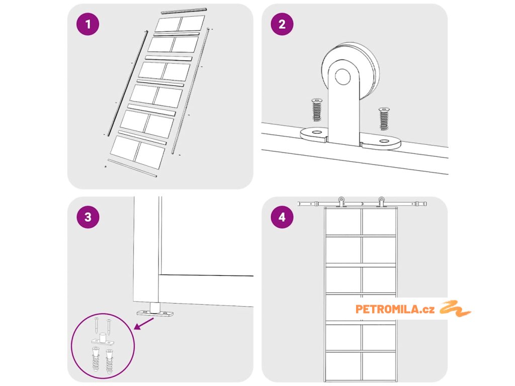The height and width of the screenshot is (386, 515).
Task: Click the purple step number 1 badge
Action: click(88, 25)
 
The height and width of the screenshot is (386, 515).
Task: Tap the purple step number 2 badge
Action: click(282, 25)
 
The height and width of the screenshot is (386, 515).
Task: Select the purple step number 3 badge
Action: click(88, 217)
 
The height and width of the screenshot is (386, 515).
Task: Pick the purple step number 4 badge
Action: click(282, 217)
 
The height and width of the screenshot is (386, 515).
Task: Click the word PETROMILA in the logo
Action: click(384, 309)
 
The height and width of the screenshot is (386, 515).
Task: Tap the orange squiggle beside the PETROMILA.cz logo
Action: click(455, 308)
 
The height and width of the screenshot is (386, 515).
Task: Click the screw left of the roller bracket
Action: click(317, 110)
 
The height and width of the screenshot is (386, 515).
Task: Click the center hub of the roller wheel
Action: click(344, 77)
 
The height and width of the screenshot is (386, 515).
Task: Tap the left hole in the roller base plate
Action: click(316, 133)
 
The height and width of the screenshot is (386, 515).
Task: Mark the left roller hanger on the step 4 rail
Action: click(341, 202)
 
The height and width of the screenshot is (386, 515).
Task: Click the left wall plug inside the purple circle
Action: click(95, 361)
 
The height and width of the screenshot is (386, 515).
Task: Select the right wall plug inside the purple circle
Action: click(109, 361)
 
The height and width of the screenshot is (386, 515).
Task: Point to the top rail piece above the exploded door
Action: click(184, 10)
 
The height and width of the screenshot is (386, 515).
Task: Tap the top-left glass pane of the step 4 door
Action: click(343, 222)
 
